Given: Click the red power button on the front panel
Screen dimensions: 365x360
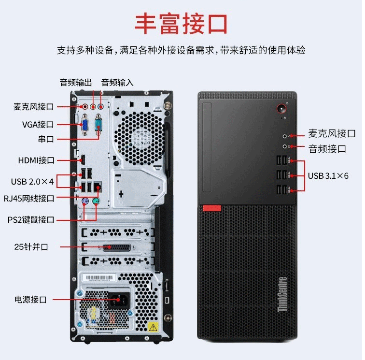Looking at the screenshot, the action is coord(281,109).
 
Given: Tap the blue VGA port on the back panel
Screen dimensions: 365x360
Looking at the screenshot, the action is coord(84,126).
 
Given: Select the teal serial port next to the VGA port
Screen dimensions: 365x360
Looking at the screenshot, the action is coord(98,125).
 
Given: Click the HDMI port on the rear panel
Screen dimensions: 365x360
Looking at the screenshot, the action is coord(83,160).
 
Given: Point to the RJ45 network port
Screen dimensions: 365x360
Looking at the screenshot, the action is coord(98,187).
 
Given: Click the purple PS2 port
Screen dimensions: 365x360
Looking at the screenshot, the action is coord(85,201).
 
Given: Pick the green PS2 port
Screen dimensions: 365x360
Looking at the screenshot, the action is coord(96,201).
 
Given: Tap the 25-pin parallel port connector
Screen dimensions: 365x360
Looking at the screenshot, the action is coord(117,247).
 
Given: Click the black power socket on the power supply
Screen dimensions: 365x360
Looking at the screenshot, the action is coord(119,300).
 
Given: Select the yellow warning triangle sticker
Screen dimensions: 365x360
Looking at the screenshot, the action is coord(153,327).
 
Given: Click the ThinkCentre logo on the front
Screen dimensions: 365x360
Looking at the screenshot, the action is coord(282,294).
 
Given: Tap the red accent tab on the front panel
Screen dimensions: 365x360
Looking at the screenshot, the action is coord(212,208).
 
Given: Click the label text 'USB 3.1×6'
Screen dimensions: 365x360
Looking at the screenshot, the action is coord(328,176).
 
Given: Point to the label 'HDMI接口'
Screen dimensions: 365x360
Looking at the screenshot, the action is coord(36,160).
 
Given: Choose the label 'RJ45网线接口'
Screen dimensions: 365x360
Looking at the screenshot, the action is coord(29,199).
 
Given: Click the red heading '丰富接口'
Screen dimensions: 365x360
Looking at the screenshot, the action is coord(181,24).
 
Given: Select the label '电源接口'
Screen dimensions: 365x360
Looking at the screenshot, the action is coord(30,300).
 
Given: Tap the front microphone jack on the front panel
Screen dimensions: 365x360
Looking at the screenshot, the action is coord(285,136).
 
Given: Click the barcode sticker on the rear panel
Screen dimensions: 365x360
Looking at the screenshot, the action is coord(99,278).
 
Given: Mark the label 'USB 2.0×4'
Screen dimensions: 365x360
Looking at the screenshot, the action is coord(33,182).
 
